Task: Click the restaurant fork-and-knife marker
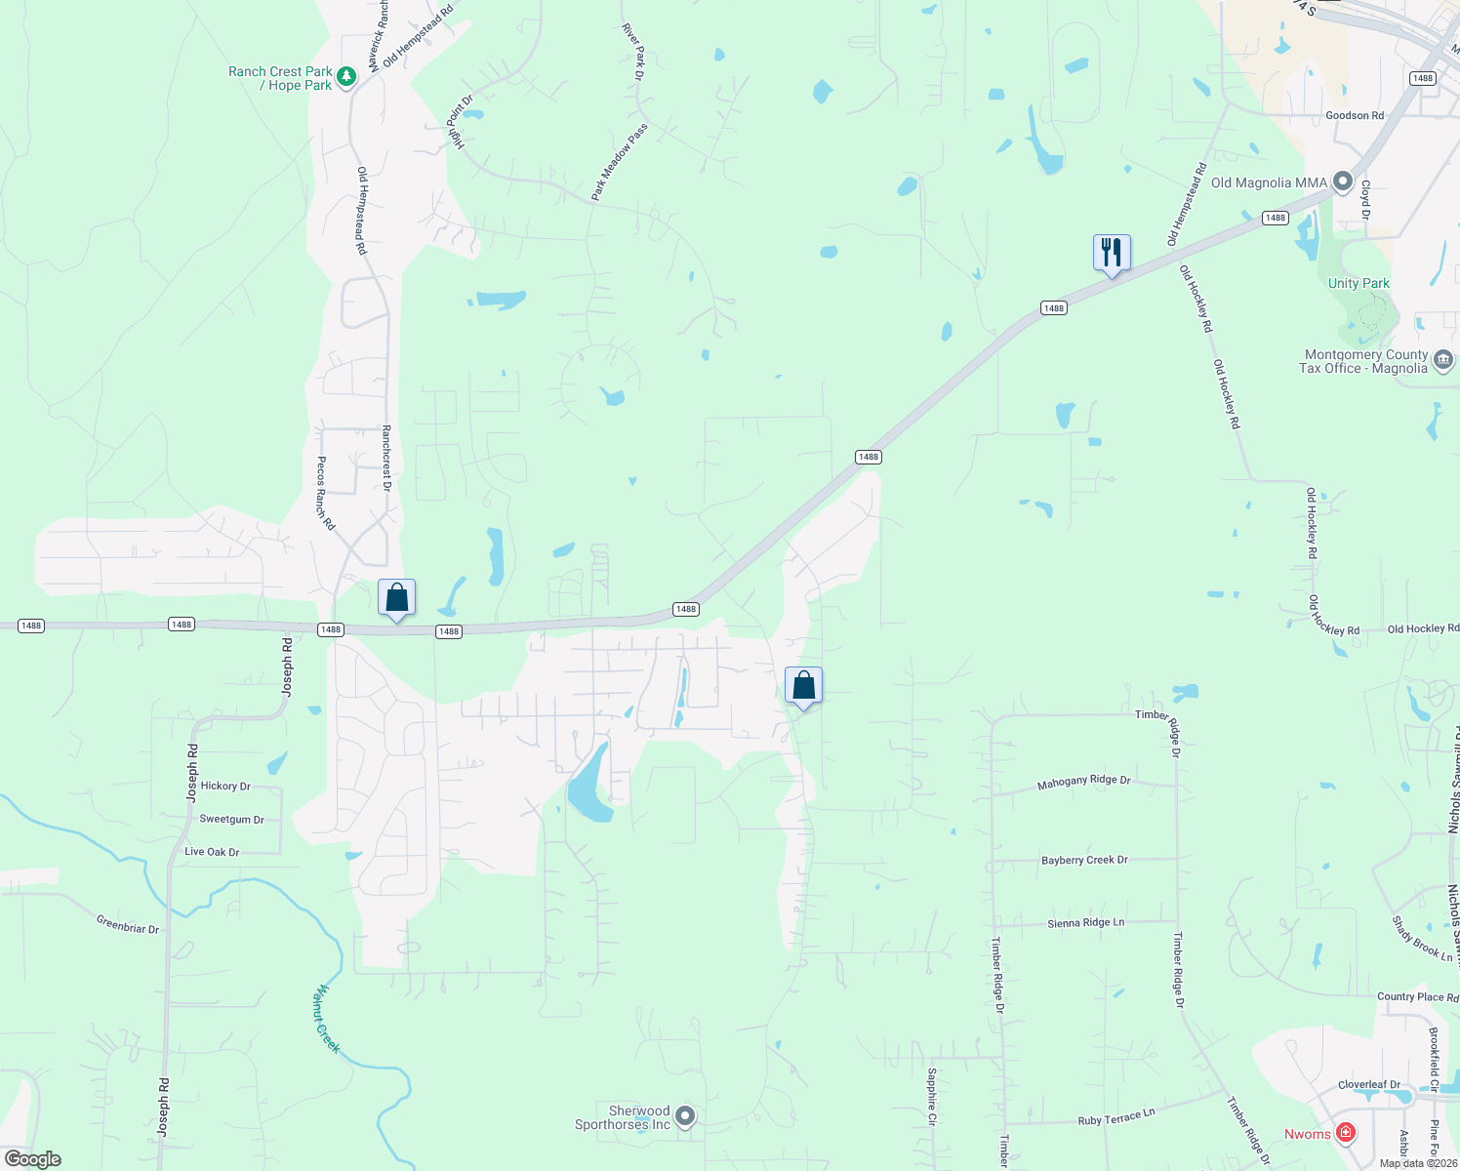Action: [1112, 254]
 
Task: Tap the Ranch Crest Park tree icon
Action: [345, 76]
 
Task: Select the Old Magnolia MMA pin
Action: [1343, 182]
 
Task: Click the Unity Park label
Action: [1359, 283]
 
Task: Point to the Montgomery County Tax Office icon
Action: [1443, 360]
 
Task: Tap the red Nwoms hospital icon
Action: [1346, 1132]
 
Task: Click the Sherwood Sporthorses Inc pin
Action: [685, 1115]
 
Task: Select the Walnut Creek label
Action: [327, 1019]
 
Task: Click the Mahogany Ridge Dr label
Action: [1083, 782]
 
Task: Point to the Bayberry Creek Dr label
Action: [1084, 860]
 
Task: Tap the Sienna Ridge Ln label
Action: [1085, 922]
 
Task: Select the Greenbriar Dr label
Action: [128, 923]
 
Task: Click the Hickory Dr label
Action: [225, 786]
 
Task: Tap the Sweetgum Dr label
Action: [231, 819]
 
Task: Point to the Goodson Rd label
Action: [1355, 115]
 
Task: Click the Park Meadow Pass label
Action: [620, 163]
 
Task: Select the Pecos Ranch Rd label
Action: [325, 493]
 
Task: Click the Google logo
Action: [33, 1159]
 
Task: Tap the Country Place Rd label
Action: [1417, 996]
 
